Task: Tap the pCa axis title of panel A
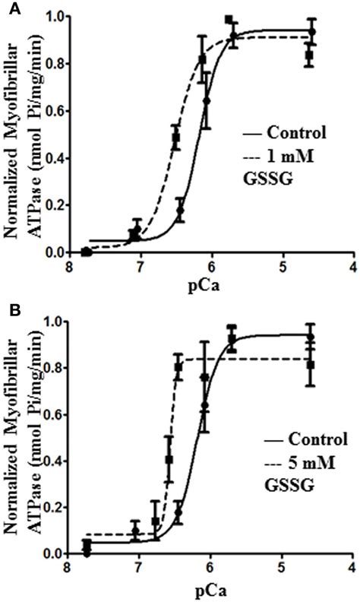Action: (210, 287)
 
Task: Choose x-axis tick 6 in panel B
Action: (210, 569)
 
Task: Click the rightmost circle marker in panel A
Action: (311, 32)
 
